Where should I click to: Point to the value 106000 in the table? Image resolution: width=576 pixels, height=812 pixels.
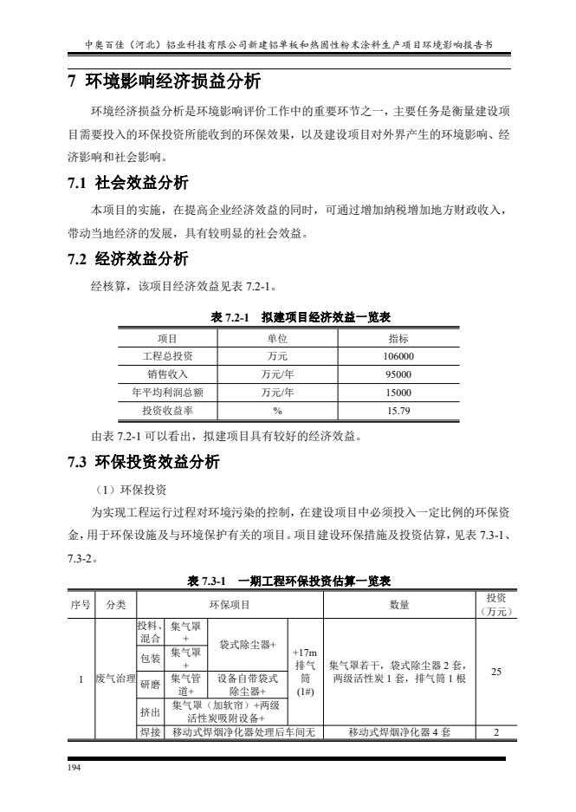pyautogui.click(x=398, y=356)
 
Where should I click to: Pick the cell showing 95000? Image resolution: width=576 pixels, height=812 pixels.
pyautogui.click(x=398, y=374)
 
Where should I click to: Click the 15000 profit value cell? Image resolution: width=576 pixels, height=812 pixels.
pyautogui.click(x=398, y=393)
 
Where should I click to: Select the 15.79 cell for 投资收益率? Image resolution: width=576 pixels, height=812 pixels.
pyautogui.click(x=398, y=411)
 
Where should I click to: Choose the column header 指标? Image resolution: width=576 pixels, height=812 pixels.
pyautogui.click(x=398, y=338)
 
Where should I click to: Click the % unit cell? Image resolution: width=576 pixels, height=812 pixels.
pyautogui.click(x=277, y=411)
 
